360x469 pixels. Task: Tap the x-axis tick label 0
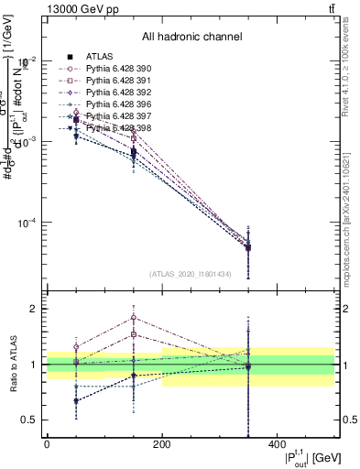(47, 444)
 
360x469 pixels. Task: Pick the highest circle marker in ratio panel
(134, 318)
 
